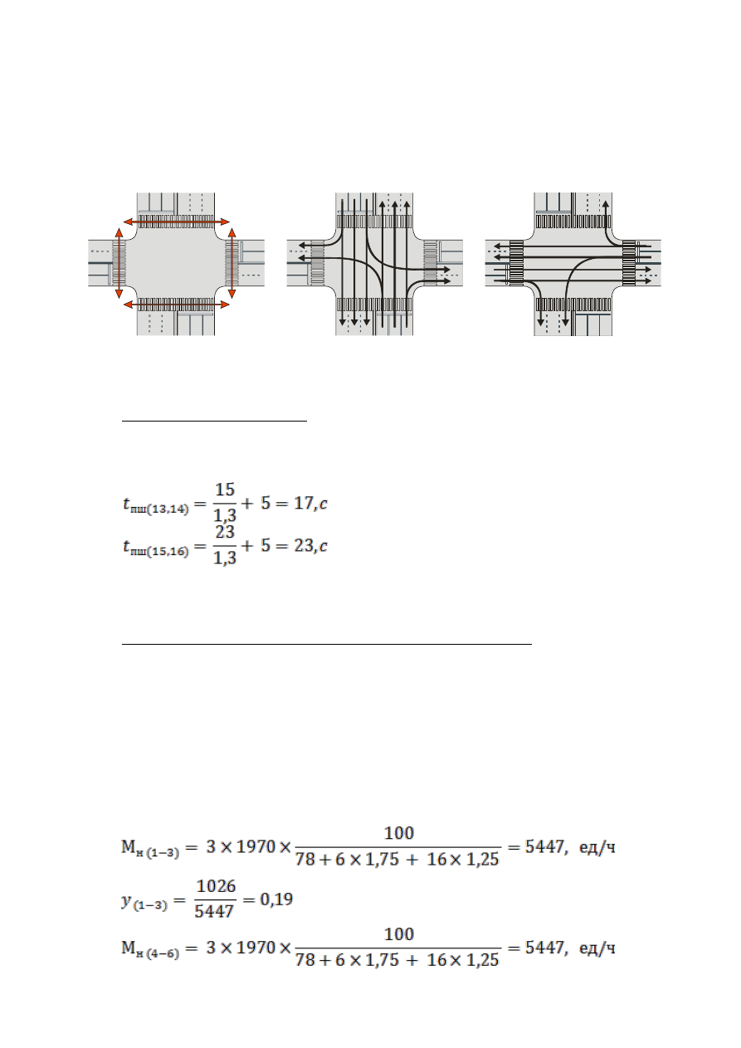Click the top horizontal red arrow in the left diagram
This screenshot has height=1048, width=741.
(177, 222)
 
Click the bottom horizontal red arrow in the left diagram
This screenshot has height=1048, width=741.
(177, 305)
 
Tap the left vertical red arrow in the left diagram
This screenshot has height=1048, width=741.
(119, 263)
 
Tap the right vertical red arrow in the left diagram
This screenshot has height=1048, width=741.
(232, 263)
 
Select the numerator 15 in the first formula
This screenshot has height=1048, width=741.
(225, 490)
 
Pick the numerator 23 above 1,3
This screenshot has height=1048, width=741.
(225, 532)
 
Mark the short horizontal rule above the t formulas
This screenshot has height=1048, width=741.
(214, 421)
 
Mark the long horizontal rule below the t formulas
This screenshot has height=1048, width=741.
(327, 644)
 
